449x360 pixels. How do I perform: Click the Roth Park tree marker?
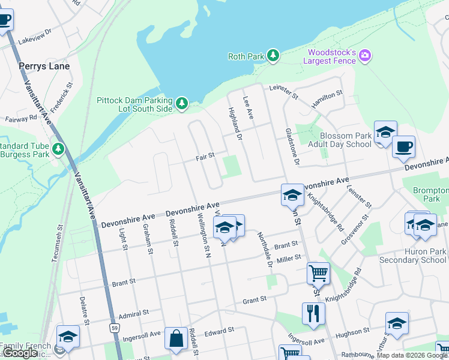coord(274,56)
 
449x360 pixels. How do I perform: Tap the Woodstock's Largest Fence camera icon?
coord(365,56)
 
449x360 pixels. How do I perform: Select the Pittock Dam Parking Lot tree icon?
coord(182,104)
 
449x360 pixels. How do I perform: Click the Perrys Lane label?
coord(44,66)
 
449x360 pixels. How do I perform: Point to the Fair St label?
coord(205,157)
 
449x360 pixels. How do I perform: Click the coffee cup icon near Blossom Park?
coord(404,146)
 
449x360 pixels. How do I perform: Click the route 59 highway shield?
coord(113,328)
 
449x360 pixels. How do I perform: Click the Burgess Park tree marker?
coord(58,148)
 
